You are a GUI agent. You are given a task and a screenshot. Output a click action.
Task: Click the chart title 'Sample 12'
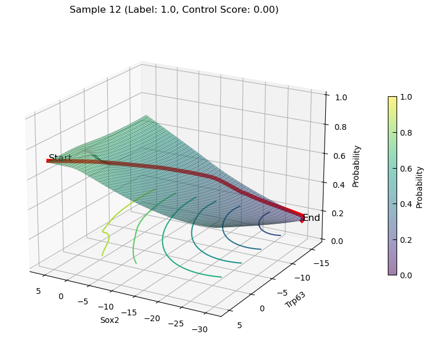click(95, 10)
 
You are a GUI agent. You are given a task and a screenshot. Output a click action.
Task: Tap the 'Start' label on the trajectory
click(60, 158)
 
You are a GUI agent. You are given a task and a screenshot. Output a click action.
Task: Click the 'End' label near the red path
click(312, 218)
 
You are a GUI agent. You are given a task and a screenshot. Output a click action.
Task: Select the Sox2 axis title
click(110, 320)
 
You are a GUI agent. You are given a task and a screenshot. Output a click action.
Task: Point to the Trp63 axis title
click(295, 300)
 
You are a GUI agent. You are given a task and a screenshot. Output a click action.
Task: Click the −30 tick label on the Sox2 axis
click(199, 329)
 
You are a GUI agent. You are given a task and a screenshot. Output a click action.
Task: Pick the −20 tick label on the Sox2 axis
click(152, 318)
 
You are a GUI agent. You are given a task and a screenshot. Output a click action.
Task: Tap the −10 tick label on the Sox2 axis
click(106, 307)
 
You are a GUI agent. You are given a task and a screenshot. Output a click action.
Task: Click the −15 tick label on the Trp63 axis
click(321, 263)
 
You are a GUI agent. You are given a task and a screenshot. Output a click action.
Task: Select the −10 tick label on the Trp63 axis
click(302, 278)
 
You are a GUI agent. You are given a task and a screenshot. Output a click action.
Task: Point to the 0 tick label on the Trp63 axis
click(262, 308)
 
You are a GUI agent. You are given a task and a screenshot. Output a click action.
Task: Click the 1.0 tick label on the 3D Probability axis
click(341, 97)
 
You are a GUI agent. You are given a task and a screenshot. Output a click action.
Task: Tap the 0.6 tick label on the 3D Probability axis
click(340, 156)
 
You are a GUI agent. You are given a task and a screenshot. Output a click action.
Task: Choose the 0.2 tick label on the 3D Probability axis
click(337, 213)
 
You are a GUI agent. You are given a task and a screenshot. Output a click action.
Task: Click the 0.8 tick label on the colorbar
click(406, 133)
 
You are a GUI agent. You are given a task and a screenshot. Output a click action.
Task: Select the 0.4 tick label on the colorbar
click(406, 204)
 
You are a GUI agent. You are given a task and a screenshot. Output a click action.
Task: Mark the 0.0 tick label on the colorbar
click(406, 275)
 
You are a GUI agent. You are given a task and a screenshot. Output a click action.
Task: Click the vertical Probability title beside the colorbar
click(419, 188)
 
